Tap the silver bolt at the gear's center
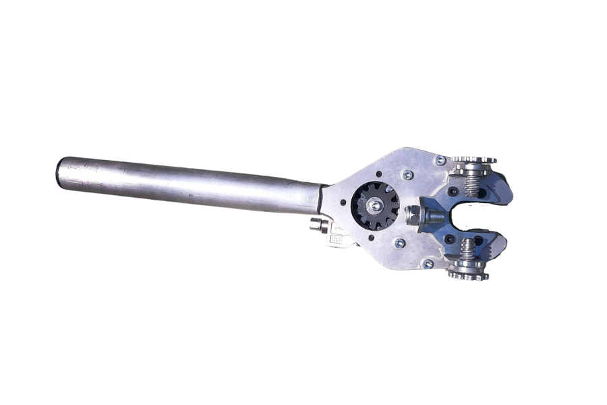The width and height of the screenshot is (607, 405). [x=372, y=202]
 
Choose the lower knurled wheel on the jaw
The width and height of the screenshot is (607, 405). [x=467, y=274]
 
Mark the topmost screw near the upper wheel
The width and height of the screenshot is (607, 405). [x=440, y=160]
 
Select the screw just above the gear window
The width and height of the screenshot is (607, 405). [x=407, y=175]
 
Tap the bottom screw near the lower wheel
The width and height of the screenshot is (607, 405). [x=428, y=264]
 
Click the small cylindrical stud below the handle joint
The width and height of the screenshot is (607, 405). [x=317, y=225]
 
